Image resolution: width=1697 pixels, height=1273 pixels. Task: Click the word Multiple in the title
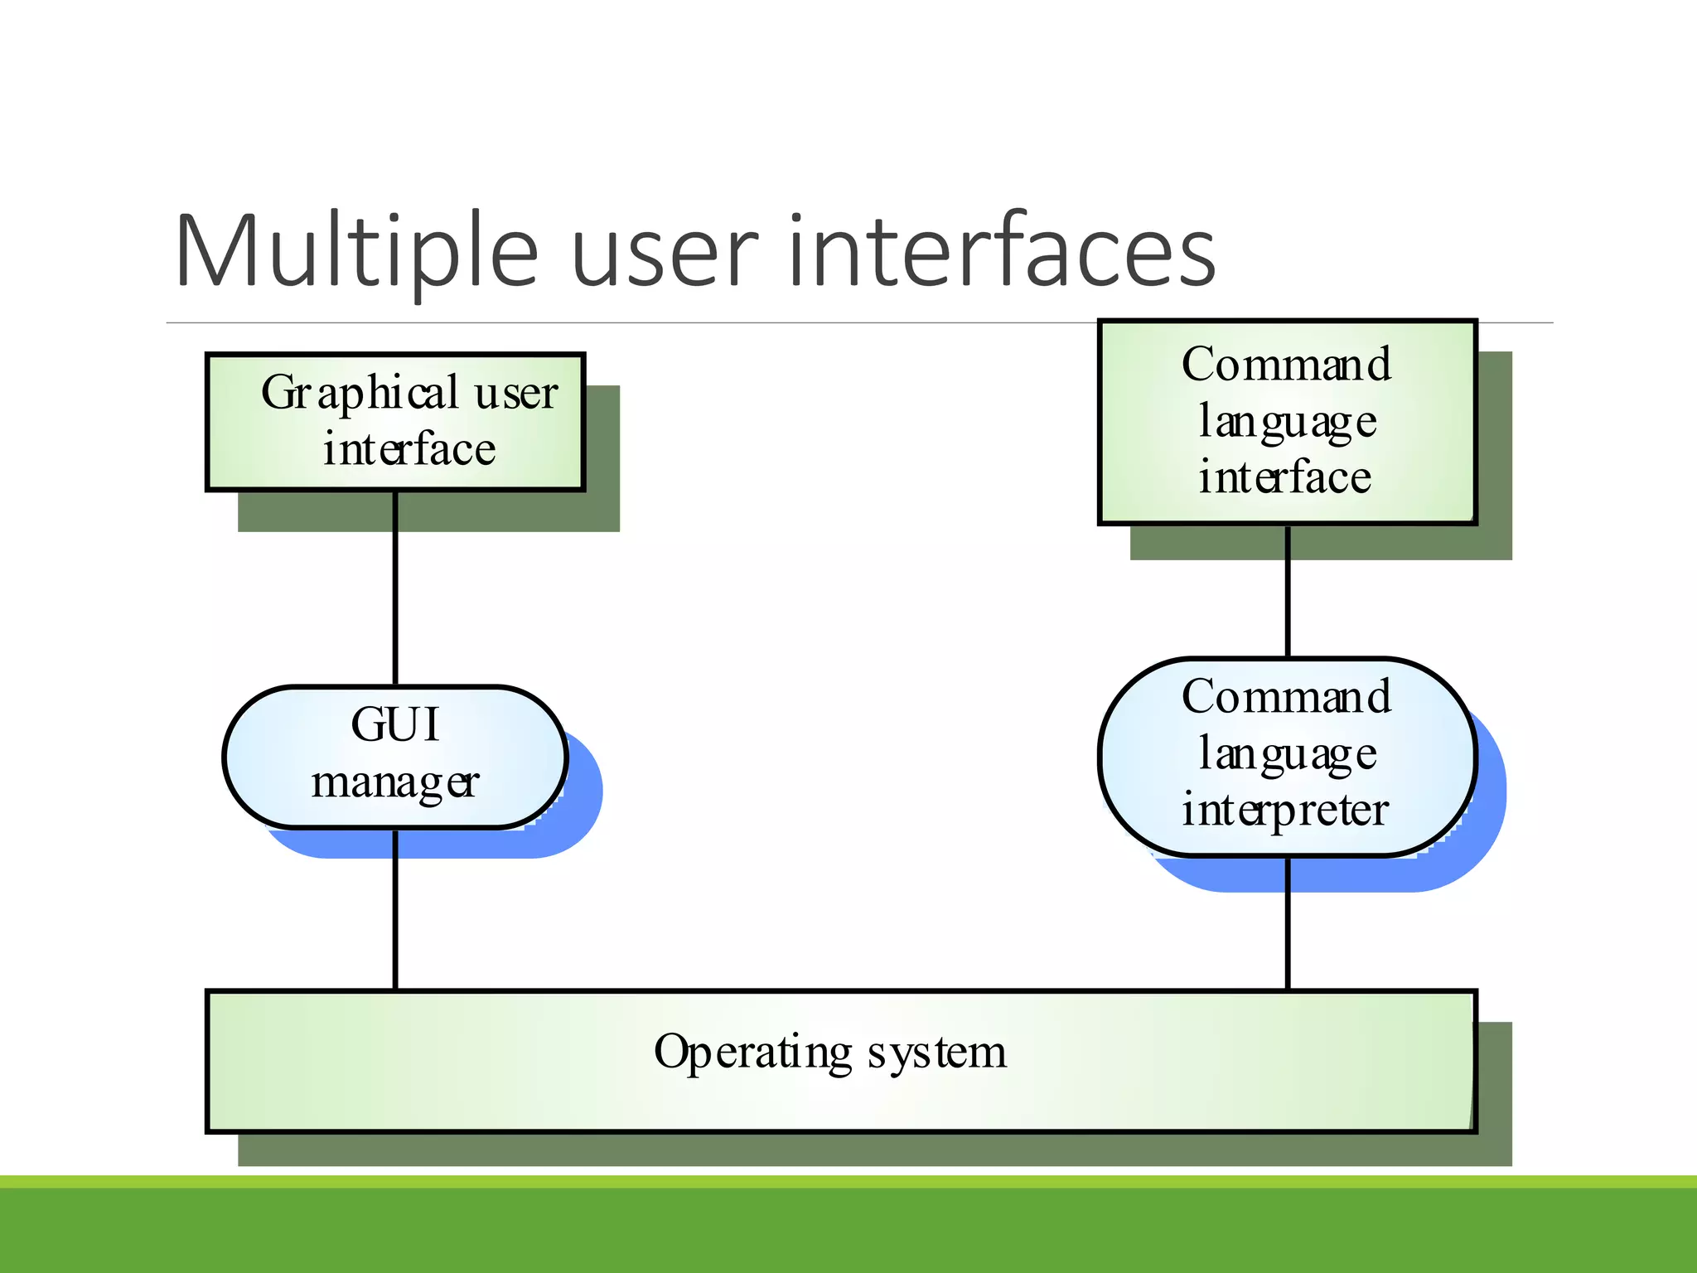356,252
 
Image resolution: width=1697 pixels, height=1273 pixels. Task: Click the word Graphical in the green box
360,394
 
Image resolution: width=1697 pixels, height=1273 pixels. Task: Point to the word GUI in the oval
394,724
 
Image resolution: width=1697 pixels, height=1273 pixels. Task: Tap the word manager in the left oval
394,782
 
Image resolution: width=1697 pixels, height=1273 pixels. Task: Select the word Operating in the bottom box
752,1053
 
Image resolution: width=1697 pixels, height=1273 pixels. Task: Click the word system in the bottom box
936,1053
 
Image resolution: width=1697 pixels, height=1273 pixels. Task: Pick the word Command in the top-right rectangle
1286,365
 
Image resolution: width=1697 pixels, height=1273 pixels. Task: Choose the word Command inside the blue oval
1286,697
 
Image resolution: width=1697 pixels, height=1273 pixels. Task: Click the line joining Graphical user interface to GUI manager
395,588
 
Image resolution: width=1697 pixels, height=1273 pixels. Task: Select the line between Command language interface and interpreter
1288,592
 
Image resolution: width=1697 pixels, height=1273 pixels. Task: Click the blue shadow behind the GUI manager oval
580,812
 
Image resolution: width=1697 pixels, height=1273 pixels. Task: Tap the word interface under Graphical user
409,450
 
